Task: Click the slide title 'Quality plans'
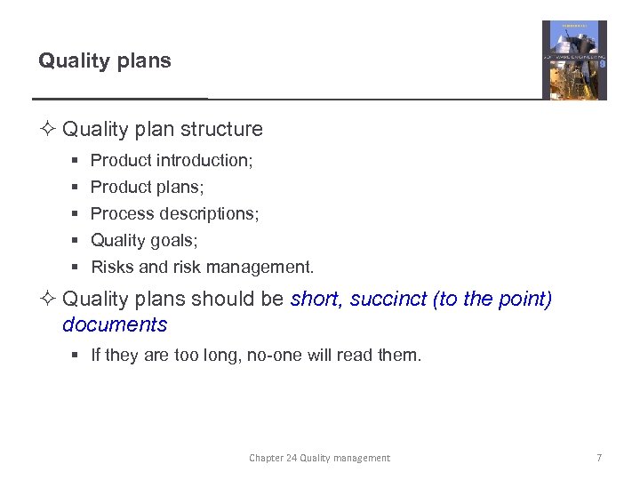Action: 105,60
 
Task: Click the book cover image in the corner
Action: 574,60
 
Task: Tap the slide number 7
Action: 599,458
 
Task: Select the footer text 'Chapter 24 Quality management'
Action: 319,458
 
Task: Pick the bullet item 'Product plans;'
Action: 146,187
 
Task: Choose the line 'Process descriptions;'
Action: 174,213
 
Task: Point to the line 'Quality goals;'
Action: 144,240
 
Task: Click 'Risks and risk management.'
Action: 202,267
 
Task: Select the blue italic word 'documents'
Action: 115,324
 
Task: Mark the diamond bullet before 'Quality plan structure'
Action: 47,130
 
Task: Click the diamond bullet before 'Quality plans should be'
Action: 47,300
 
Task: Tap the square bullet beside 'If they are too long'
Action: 77,356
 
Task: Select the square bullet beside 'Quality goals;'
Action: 77,241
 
